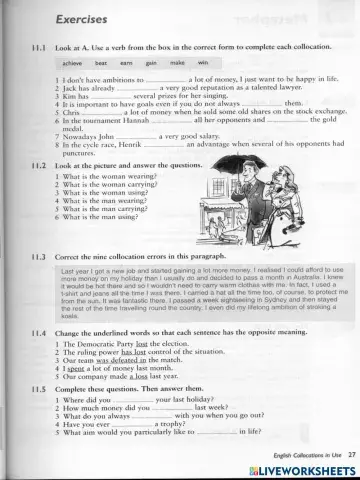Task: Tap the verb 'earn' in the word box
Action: click(x=127, y=62)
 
